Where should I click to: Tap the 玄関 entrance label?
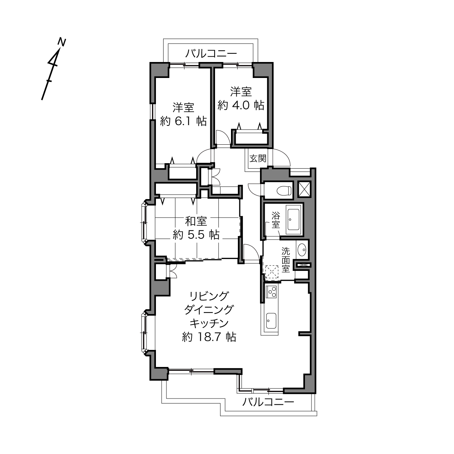coord(258,158)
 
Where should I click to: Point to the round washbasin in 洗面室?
coord(302,248)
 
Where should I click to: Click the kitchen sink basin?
coord(271,321)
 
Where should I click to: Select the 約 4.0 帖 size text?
coord(240,105)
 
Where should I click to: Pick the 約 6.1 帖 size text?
coord(183,121)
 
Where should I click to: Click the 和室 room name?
coord(196,221)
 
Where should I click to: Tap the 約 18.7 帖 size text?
coord(209,337)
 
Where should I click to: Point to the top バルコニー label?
coord(211,54)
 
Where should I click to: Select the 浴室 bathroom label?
coord(276,220)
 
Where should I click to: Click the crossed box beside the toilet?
coord(304,189)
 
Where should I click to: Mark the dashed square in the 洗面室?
coord(272,272)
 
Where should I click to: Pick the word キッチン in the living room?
coord(209,323)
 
